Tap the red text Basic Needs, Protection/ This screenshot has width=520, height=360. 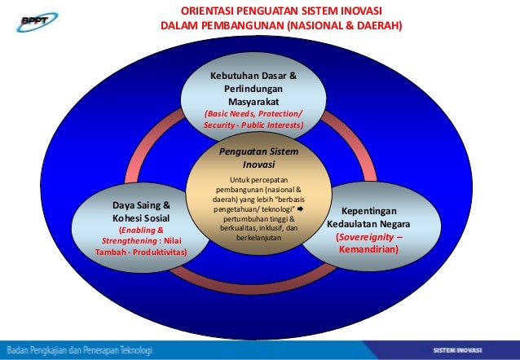click(x=253, y=115)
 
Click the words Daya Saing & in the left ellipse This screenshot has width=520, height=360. click(x=141, y=205)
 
